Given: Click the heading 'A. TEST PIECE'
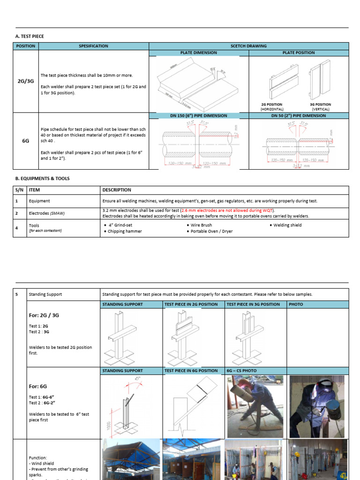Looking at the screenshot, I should click(30, 36).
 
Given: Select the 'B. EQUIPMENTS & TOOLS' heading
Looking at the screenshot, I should click(42, 179).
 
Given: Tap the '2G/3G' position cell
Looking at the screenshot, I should click(26, 81).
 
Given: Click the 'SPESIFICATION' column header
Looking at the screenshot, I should click(93, 46).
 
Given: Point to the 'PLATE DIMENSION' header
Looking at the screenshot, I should click(199, 52).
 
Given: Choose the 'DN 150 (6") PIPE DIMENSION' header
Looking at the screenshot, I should click(198, 115).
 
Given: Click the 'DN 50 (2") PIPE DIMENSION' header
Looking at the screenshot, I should click(298, 115).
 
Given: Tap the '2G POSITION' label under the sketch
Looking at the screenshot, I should click(272, 105).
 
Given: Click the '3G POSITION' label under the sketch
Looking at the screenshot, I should click(320, 105).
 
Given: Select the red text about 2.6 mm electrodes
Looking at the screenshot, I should click(227, 210).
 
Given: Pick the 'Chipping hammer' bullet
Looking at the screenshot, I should click(125, 231).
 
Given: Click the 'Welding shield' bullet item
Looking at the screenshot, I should click(287, 225).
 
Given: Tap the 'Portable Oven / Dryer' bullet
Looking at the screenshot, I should click(211, 231).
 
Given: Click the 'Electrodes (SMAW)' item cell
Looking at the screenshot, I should click(46, 213).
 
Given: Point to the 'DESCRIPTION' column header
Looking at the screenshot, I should click(117, 190).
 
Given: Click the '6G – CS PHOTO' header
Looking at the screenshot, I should click(242, 371).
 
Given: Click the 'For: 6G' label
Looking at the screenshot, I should click(38, 386).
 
